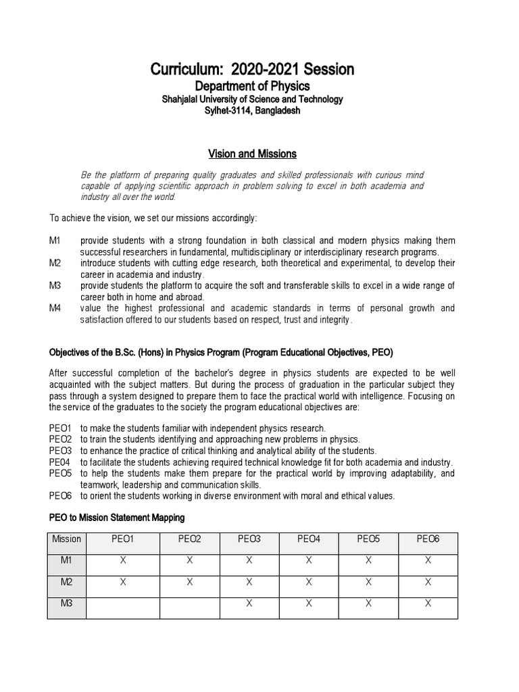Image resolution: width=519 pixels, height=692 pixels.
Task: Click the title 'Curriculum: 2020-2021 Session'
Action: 252,70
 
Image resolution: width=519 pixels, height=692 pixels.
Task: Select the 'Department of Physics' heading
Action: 252,86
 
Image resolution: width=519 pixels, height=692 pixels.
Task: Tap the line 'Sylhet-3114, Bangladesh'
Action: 252,111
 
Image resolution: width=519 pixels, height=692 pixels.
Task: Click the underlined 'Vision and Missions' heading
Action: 252,154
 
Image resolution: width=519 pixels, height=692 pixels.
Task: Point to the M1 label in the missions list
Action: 55,241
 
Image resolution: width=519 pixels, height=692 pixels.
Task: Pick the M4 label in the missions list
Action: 55,308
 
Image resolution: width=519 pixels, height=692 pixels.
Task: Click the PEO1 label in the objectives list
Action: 61,428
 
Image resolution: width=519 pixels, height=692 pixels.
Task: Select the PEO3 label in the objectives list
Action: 61,451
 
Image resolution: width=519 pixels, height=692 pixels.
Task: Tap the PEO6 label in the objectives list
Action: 61,495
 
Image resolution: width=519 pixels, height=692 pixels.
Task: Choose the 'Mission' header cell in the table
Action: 66,539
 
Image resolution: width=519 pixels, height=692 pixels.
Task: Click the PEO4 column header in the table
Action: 309,539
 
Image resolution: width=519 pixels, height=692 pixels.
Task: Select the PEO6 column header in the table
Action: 428,539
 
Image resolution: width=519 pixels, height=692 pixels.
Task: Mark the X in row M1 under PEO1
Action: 123,560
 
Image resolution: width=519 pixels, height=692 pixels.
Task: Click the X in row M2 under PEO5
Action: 368,582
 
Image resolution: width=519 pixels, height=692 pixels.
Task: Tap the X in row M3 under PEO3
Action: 249,603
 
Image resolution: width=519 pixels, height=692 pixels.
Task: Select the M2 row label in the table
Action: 66,582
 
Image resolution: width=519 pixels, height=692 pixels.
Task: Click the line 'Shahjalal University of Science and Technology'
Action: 252,99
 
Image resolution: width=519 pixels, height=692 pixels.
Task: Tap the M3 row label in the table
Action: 66,603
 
